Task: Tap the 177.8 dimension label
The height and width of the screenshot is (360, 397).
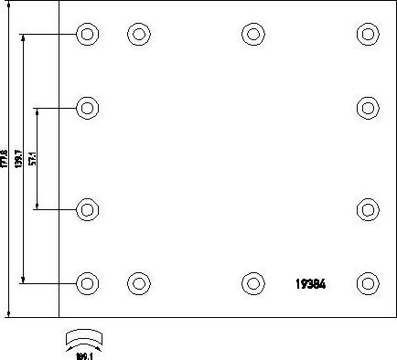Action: [x=5, y=158]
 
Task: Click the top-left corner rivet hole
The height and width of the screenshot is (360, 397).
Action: [x=87, y=36]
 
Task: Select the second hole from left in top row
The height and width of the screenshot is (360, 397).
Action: [x=138, y=36]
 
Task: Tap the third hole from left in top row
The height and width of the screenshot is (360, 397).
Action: [x=252, y=36]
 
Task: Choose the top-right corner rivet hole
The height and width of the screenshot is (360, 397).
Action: [x=367, y=36]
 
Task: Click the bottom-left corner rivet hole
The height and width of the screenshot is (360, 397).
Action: [x=87, y=282]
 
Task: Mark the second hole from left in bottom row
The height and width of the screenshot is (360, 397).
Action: [x=138, y=282]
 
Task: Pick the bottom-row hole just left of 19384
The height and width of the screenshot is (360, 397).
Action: [x=252, y=282]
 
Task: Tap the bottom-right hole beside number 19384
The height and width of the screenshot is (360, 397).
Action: [x=367, y=282]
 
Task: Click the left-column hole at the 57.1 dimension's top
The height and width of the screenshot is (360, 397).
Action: [x=87, y=109]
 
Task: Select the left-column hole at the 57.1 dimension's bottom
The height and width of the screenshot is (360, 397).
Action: [x=87, y=209]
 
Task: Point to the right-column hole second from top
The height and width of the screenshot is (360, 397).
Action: [x=367, y=109]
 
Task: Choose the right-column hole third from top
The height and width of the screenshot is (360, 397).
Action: [x=367, y=209]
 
